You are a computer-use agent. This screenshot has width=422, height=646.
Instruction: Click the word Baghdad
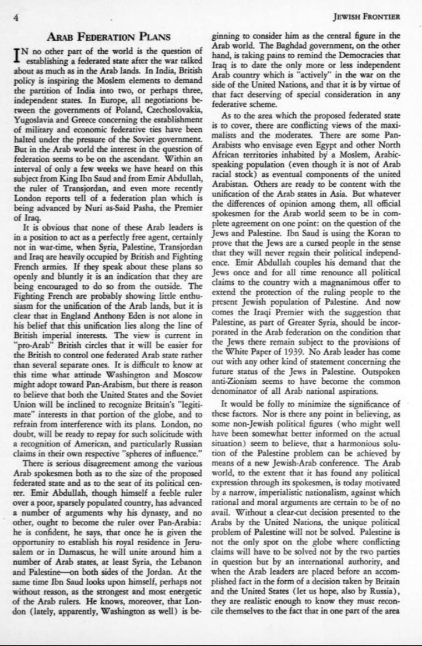click(x=275, y=47)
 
